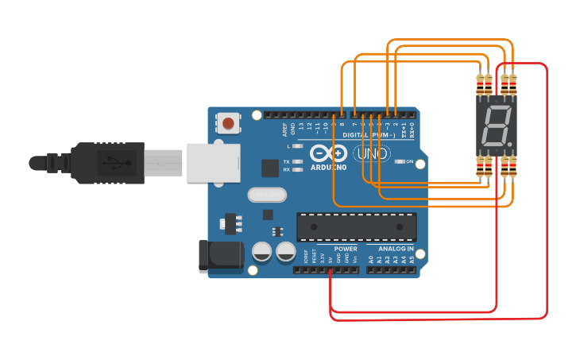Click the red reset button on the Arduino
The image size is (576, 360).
229,123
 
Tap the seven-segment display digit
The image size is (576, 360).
494,126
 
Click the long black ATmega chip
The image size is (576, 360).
357,227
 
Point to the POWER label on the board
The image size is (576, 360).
346,249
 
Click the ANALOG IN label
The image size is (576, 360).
396,249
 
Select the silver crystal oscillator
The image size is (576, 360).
266,194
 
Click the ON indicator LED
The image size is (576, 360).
399,161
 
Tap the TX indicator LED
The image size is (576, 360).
297,161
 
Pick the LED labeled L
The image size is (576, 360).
297,146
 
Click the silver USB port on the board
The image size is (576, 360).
213,163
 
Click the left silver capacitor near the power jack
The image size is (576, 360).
261,253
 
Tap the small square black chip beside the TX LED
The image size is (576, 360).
269,168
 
